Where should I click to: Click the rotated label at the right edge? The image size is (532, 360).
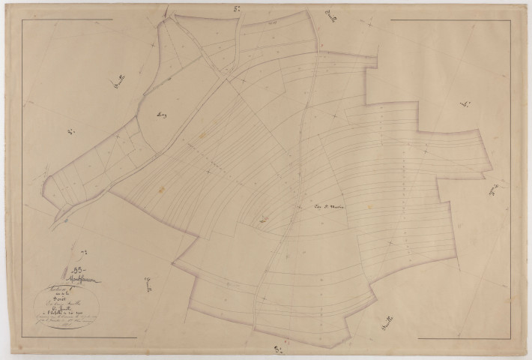(x=497, y=190)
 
